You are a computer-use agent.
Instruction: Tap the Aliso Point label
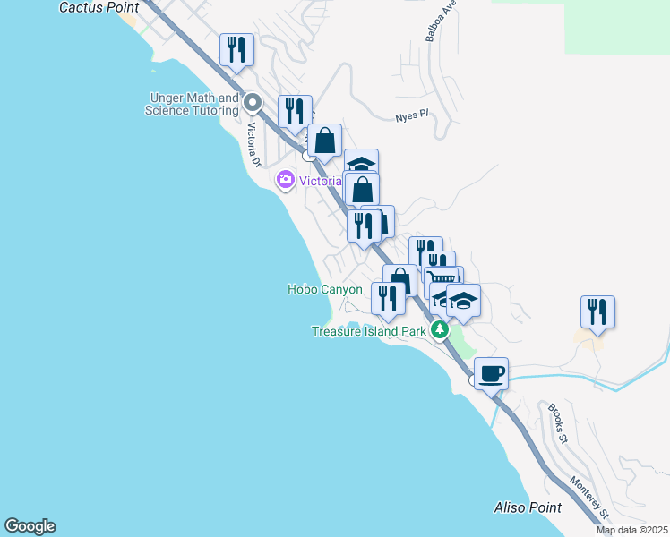(528, 507)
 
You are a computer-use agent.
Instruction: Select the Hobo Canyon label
(324, 289)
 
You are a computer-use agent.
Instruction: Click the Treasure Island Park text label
(368, 331)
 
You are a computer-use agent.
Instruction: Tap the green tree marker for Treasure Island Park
(439, 330)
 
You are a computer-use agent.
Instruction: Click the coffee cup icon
(491, 372)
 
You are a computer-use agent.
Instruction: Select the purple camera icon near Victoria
(286, 180)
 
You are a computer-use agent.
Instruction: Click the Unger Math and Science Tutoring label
(192, 104)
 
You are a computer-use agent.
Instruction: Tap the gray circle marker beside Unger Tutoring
(253, 103)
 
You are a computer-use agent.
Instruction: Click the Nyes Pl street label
(412, 117)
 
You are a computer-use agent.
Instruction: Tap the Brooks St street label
(558, 423)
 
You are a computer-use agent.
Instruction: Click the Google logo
(30, 526)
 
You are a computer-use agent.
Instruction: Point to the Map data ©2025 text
(631, 530)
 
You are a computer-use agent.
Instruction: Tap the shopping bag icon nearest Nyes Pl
(324, 140)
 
